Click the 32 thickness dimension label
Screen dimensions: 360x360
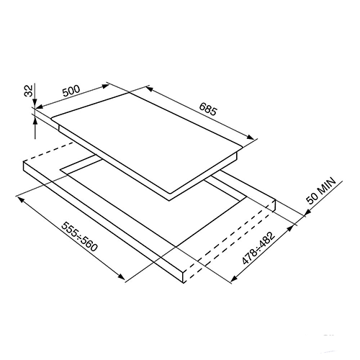pos(29,91)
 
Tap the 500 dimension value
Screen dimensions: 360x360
pos(71,91)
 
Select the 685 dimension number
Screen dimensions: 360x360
pos(208,109)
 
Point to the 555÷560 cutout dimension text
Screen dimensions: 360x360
pos(80,236)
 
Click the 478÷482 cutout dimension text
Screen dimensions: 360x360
pos(258,248)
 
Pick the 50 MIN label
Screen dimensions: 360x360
pos(320,191)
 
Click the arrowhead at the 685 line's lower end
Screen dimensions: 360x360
pos(251,137)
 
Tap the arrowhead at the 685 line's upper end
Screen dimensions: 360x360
pos(149,89)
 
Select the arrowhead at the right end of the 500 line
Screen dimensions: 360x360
pos(105,86)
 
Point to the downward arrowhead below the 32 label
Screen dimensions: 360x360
pos(35,102)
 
